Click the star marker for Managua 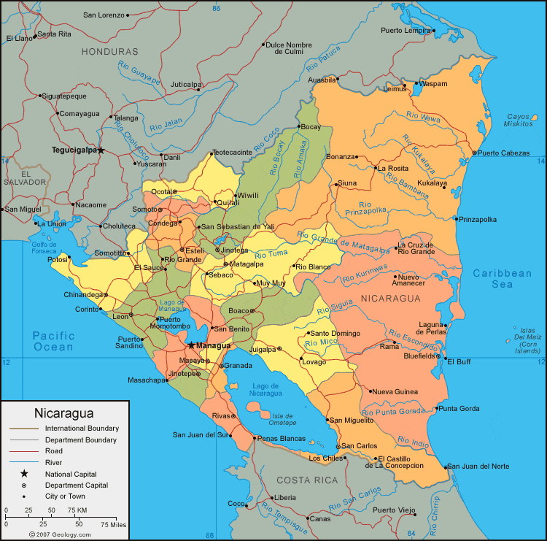[191, 345]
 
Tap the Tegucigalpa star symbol [101, 150]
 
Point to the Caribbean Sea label [502, 278]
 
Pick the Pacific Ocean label [53, 341]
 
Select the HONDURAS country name [109, 52]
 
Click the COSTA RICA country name [306, 480]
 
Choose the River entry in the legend [54, 462]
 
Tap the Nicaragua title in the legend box [64, 413]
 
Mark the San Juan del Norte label [478, 466]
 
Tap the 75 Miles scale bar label [113, 524]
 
